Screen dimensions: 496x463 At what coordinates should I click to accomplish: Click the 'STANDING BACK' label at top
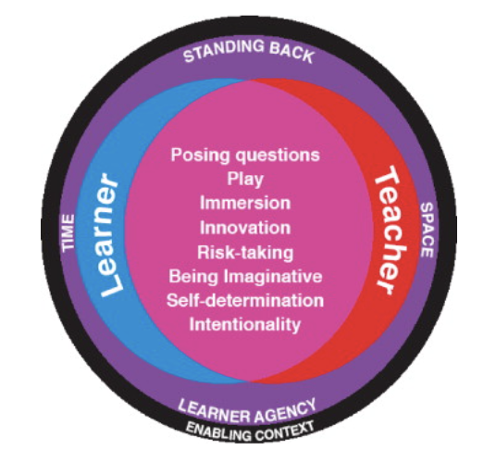tap(249, 51)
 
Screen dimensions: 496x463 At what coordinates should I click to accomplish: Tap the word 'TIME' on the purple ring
tap(68, 233)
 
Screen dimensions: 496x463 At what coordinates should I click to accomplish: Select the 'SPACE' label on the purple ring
tap(427, 230)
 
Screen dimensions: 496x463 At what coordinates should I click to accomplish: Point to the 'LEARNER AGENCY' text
tap(247, 411)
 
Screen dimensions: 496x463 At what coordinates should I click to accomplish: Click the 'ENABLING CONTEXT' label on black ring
tap(250, 432)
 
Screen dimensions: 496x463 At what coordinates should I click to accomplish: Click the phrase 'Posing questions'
tap(245, 156)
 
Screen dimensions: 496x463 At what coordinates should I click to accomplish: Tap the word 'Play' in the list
tap(245, 180)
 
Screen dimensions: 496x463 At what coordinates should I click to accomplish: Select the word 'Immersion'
tap(245, 203)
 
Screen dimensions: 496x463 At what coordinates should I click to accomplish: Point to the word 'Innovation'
tap(245, 228)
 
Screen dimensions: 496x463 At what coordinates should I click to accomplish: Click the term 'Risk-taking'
tap(245, 253)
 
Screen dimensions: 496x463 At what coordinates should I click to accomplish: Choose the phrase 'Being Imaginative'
tap(245, 277)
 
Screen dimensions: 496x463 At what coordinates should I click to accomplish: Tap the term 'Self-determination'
tap(245, 300)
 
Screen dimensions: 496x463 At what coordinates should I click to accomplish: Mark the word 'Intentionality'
tap(245, 324)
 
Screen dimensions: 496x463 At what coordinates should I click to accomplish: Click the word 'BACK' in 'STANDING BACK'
tap(291, 53)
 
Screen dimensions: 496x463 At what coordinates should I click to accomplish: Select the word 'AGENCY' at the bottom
tap(286, 410)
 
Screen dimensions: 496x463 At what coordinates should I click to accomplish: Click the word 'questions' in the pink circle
tap(278, 156)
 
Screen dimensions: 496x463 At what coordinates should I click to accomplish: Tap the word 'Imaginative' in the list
tap(273, 277)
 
